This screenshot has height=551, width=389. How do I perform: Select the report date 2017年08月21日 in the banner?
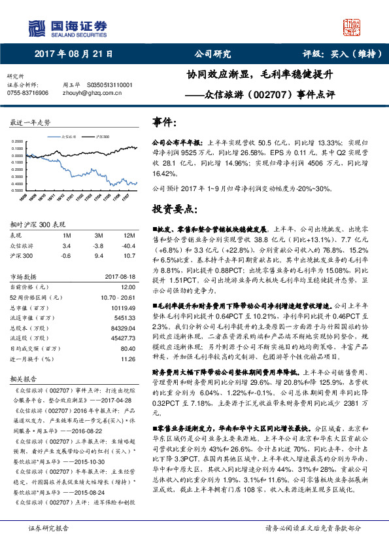78,54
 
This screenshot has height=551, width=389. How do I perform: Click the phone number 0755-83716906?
27,94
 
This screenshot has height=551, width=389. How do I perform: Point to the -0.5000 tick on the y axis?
19,190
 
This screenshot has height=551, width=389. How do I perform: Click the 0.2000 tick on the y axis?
19,142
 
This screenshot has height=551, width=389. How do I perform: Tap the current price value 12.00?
127,287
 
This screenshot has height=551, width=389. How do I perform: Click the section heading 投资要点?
175,209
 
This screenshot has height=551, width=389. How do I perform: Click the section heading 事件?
164,122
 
